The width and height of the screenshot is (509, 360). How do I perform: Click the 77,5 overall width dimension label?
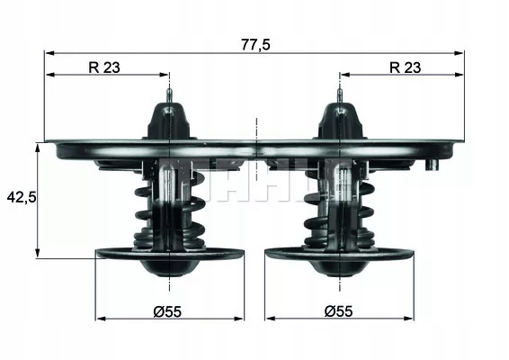pyautogui.click(x=255, y=44)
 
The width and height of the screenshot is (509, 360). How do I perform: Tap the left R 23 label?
pyautogui.click(x=104, y=67)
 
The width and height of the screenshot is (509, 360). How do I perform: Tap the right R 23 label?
pyautogui.click(x=405, y=67)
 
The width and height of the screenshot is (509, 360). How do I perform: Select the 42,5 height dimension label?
pyautogui.click(x=22, y=197)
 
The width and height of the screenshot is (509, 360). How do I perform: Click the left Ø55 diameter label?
pyautogui.click(x=167, y=311)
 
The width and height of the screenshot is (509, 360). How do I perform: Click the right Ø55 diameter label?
pyautogui.click(x=338, y=311)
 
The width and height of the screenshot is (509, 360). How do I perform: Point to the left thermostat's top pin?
pyautogui.click(x=169, y=95)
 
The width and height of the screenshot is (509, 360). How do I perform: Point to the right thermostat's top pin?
pyautogui.click(x=340, y=95)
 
